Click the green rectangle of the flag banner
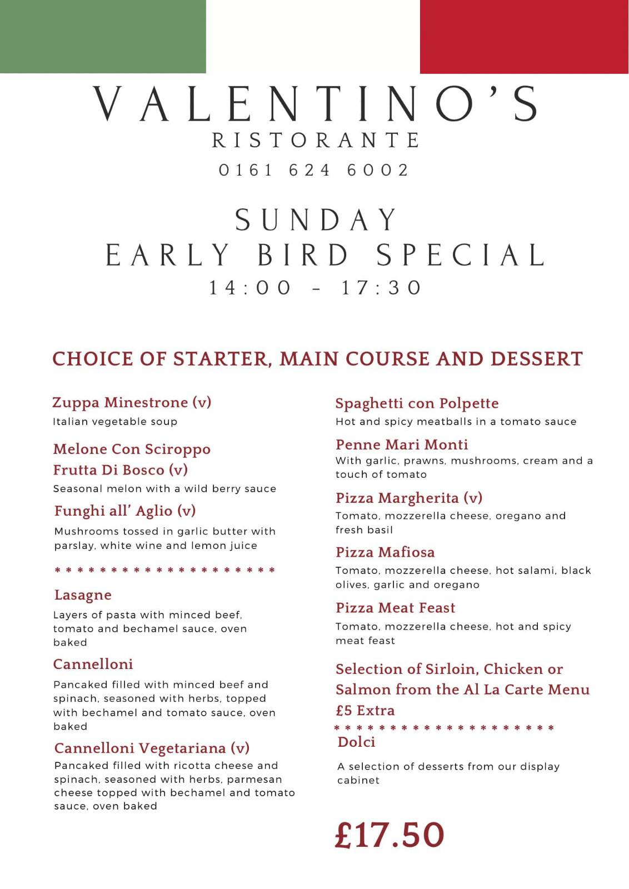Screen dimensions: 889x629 tap(103, 36)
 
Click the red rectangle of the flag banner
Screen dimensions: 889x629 tap(524, 37)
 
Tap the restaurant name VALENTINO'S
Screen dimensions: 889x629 tap(315, 104)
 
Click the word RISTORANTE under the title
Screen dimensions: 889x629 tap(315, 141)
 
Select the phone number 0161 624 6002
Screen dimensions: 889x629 tap(314, 170)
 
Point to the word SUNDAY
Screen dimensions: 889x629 tap(316, 220)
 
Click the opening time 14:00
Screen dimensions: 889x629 tap(250, 288)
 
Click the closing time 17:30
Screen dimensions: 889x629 tap(381, 288)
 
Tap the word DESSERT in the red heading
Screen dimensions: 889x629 tap(536, 359)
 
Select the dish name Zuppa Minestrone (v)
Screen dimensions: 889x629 tap(132, 402)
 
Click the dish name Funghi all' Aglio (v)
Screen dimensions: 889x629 tap(125, 511)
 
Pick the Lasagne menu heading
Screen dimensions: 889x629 tap(83, 595)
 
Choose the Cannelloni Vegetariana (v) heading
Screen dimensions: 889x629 tap(152, 748)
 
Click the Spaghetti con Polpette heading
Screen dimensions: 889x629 tap(417, 403)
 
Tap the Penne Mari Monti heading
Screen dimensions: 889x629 tap(402, 444)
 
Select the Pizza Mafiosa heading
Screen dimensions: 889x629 tap(385, 552)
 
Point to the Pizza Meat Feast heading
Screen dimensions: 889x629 tap(395, 608)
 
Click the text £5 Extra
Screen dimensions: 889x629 tap(365, 711)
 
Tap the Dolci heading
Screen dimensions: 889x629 tap(356, 742)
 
